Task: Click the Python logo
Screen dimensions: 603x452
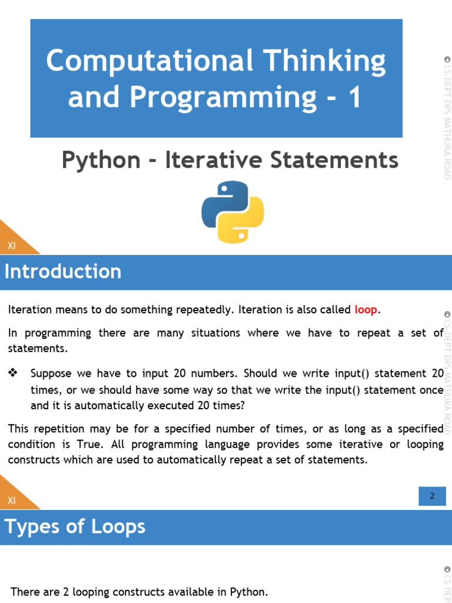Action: point(232,212)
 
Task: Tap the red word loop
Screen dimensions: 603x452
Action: point(365,310)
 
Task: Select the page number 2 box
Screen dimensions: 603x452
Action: point(432,496)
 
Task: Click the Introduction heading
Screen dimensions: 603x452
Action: point(63,271)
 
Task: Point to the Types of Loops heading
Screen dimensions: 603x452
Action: point(75,526)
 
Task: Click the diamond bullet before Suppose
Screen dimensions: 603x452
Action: point(13,373)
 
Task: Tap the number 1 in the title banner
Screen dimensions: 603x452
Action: point(355,97)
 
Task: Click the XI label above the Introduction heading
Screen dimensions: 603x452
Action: point(12,246)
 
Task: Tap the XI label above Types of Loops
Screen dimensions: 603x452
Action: point(12,501)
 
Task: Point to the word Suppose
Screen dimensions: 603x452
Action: point(51,373)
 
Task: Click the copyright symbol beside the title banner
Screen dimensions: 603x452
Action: point(447,59)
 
